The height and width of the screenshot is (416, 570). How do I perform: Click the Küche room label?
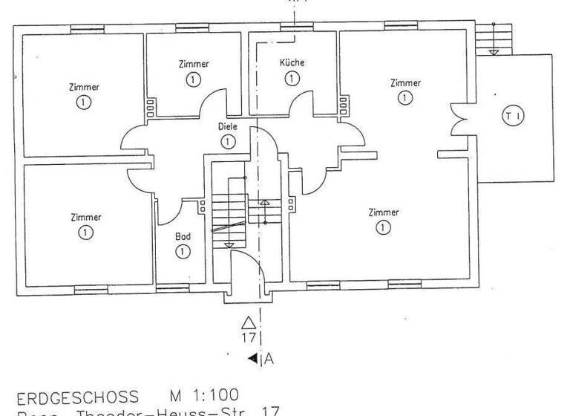click(x=292, y=63)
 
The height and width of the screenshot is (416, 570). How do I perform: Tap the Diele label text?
click(x=227, y=127)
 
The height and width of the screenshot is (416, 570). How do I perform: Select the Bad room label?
click(x=183, y=237)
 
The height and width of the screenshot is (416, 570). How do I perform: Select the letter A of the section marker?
click(x=269, y=360)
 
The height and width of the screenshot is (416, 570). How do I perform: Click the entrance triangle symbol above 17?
click(x=249, y=322)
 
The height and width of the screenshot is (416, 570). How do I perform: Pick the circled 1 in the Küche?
click(x=292, y=78)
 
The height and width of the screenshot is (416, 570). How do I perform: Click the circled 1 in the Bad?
click(x=183, y=252)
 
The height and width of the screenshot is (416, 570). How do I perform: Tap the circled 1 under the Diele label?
click(x=227, y=141)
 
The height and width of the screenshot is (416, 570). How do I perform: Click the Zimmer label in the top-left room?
click(x=86, y=87)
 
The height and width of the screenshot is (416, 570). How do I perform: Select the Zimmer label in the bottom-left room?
click(x=86, y=218)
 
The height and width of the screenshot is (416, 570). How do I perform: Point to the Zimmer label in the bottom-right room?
click(x=383, y=212)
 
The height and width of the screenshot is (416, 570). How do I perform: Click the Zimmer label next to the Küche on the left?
click(x=194, y=64)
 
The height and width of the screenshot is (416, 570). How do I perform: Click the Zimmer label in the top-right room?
click(x=405, y=83)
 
